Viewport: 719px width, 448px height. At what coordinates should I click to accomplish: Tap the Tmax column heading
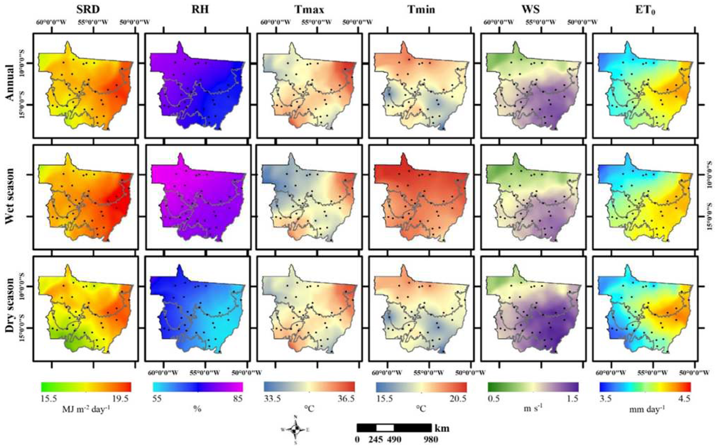click(x=309, y=10)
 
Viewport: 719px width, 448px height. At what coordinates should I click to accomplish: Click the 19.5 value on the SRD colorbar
click(x=120, y=399)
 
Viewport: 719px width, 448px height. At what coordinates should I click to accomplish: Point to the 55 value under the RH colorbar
click(x=157, y=399)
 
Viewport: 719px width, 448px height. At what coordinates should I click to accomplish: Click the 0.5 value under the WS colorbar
click(x=493, y=399)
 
